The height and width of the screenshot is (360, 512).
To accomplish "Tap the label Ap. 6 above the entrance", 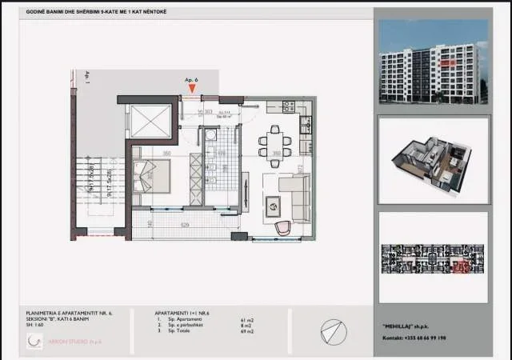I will point(191,81).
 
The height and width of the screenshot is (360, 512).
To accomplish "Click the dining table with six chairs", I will point(274,142).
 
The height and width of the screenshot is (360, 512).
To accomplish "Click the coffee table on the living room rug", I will point(272,205).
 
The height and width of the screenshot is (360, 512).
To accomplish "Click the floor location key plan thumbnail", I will point(433,257).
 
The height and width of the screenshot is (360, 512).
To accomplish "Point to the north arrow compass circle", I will point(333,331).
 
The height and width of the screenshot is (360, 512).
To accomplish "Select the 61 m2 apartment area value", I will point(246,320).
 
